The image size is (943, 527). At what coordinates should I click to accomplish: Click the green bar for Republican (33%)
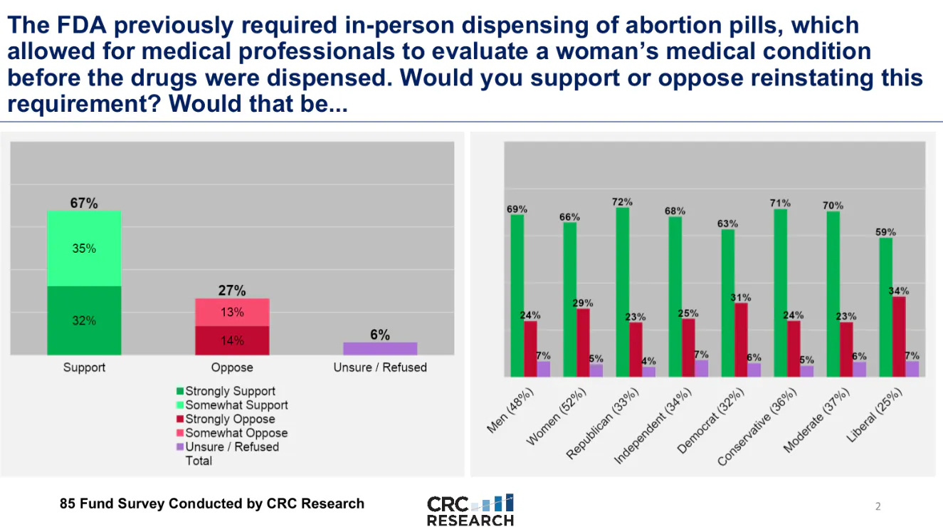click(623, 292)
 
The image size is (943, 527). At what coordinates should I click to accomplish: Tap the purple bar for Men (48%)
click(544, 369)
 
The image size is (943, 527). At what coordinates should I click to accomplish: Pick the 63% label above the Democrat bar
click(727, 224)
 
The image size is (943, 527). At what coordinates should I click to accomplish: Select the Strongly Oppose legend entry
click(230, 419)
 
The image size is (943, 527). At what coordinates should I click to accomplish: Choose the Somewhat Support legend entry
click(236, 405)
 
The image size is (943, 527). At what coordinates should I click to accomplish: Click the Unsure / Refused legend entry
click(232, 447)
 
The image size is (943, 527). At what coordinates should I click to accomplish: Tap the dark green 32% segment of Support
click(84, 320)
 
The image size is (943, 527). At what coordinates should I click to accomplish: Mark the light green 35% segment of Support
click(84, 249)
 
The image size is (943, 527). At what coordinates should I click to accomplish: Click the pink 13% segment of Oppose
click(232, 312)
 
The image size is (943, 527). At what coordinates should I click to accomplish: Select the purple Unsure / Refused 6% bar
click(380, 348)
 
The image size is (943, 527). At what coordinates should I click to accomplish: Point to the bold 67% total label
click(84, 203)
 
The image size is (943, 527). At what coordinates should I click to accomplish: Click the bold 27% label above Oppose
click(232, 291)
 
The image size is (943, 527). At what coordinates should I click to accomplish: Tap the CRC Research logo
click(470, 510)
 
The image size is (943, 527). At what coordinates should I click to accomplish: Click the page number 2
click(878, 507)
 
